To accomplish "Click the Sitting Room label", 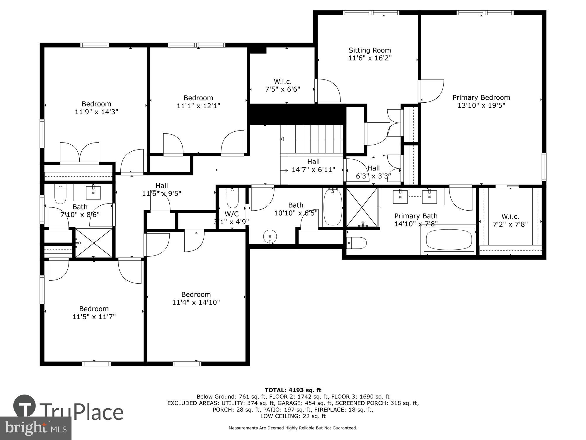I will (x=369, y=50).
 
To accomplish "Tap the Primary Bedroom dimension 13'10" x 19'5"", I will (x=481, y=105).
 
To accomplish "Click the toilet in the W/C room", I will (x=233, y=198).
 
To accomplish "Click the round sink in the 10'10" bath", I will (x=270, y=236).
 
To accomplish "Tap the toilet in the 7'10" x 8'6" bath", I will (x=60, y=194).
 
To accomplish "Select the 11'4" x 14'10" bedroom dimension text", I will (x=196, y=302).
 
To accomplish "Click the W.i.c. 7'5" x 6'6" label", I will (x=282, y=85).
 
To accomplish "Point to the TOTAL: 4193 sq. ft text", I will (x=293, y=390).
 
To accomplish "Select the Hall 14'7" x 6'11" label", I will (x=313, y=166).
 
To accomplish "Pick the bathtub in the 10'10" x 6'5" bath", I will (x=333, y=207).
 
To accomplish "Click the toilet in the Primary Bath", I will (x=357, y=243).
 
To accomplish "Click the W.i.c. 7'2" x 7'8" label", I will (x=510, y=220).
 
